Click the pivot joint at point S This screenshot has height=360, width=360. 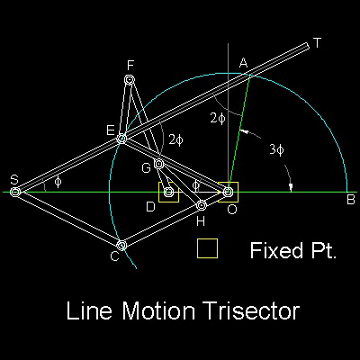pos(15,192)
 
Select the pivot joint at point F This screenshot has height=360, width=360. pos(130,80)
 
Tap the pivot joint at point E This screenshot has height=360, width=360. pos(121,139)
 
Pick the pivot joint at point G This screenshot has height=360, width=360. pos(158,164)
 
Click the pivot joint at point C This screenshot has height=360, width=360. pos(121,246)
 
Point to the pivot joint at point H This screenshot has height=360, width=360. pos(202,205)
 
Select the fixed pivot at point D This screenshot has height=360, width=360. pos(168,192)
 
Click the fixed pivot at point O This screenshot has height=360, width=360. pos(228,192)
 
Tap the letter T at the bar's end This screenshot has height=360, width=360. pos(317,44)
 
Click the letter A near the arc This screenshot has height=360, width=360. pos(243,63)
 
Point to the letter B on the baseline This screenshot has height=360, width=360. pos(351,200)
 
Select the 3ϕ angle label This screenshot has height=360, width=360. pos(276,149)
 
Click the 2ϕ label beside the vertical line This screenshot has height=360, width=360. pos(218,119)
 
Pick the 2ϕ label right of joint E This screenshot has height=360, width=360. pos(175,140)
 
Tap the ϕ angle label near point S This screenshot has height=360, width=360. pos(58,182)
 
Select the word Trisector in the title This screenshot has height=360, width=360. pos(251,310)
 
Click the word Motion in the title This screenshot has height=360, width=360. pos(158,310)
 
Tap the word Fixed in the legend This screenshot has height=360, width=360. pos(276,250)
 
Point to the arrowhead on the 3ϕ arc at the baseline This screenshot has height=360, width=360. pos(291,188)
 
